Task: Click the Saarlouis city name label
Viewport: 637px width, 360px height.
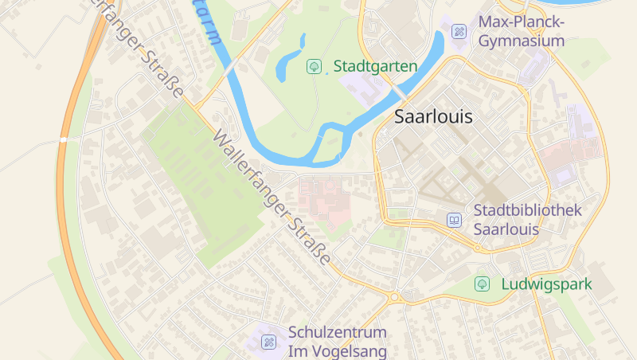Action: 433,117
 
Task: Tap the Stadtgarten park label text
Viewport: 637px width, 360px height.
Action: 375,66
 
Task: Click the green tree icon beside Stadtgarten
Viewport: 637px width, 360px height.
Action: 314,66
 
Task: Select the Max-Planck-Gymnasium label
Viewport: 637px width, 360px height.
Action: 521,31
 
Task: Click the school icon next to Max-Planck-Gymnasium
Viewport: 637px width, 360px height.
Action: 459,32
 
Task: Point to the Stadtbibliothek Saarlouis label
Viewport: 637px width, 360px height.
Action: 527,220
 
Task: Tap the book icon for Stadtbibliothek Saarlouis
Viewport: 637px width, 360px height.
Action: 454,220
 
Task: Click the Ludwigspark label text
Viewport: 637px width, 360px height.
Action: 546,284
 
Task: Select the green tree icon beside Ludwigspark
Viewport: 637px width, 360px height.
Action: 482,284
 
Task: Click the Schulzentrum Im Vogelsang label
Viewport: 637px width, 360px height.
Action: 337,341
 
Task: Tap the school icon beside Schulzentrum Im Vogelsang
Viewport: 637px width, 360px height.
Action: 269,342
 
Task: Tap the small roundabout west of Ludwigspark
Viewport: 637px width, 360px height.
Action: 394,298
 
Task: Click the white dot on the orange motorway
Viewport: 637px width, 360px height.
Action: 62,139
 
